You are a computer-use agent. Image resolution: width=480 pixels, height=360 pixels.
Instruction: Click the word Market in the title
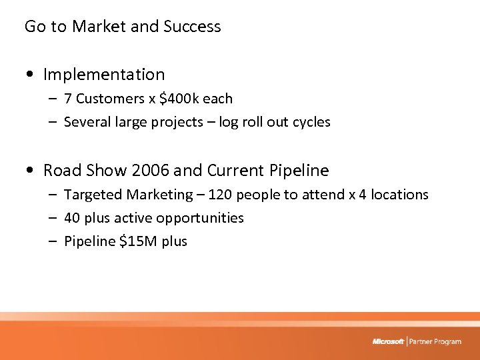tap(99, 27)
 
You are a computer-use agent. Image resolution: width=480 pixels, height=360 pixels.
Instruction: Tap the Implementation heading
tap(103, 75)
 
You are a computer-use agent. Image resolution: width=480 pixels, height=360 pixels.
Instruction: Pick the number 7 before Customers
tap(68, 99)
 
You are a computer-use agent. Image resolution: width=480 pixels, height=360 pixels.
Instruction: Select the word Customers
tap(110, 99)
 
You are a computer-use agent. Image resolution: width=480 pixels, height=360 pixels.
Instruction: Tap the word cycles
tap(310, 122)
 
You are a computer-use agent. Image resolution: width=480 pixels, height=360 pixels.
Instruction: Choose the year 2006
tap(151, 171)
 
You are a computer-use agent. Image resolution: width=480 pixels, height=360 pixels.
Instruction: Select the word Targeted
tap(92, 195)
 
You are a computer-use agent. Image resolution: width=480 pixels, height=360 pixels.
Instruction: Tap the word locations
tap(399, 195)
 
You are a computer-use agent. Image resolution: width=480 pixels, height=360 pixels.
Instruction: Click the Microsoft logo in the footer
tap(388, 341)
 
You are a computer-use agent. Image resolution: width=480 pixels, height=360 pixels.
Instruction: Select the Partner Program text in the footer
tap(435, 341)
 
